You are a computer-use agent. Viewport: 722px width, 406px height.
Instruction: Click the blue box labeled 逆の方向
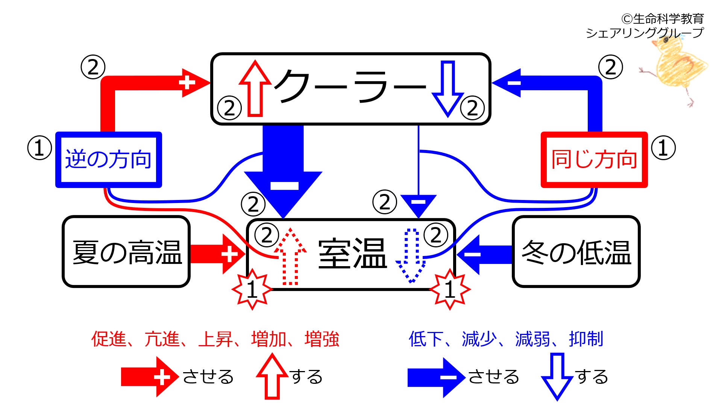(108, 159)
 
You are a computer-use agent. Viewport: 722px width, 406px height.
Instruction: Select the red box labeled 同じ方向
(594, 159)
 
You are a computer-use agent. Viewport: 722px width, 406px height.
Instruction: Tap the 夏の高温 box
(126, 251)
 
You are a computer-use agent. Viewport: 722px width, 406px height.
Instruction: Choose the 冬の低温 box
(576, 251)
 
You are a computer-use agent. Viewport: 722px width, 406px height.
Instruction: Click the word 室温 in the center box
(352, 254)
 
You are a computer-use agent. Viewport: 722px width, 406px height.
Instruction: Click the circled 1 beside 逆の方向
(39, 148)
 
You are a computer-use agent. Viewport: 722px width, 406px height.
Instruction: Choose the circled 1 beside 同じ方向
(663, 148)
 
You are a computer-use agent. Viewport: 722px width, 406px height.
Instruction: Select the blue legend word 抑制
(586, 339)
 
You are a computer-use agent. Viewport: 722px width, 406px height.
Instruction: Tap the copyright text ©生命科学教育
(663, 19)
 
